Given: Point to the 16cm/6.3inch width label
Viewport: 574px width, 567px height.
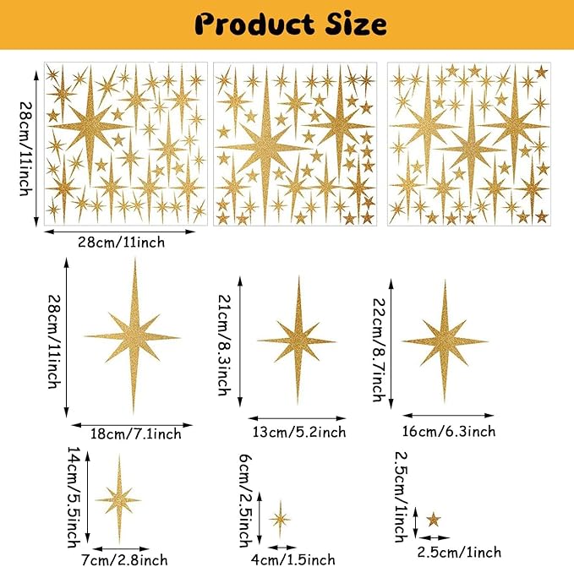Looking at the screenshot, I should point(447,431).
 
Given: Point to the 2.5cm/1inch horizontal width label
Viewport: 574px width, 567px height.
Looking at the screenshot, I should point(459,552).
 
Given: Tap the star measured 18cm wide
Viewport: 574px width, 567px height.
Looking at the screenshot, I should point(133,337).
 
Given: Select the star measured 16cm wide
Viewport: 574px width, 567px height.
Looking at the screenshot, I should point(444,341).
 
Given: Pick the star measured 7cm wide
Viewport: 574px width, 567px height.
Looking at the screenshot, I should point(118,500).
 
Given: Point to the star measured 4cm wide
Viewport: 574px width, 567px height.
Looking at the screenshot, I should point(280,518).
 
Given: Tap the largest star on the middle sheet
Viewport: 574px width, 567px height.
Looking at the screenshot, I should point(264,149).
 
